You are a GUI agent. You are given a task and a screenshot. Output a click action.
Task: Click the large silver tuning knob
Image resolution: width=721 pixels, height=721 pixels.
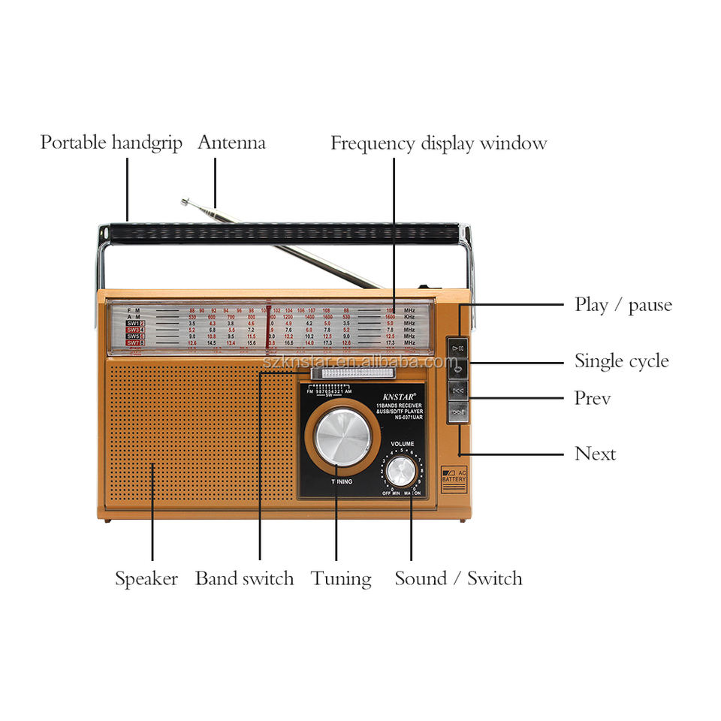[x=342, y=437]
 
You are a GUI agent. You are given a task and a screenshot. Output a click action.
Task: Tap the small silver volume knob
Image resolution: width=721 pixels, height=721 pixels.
[x=401, y=471]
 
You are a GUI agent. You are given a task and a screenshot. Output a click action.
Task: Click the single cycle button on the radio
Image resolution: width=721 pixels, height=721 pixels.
[x=457, y=367]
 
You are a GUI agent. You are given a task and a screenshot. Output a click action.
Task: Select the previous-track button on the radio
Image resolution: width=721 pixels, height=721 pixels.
[x=457, y=390]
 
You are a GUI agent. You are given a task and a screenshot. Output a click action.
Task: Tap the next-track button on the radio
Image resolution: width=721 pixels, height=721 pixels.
[x=457, y=412]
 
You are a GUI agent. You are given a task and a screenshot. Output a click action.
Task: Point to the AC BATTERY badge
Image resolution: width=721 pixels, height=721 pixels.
[x=454, y=478]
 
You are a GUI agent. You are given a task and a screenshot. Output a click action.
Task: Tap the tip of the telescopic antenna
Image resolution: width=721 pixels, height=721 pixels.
[x=185, y=201]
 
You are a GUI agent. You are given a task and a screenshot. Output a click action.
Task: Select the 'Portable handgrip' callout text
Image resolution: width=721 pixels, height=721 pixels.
[x=111, y=143]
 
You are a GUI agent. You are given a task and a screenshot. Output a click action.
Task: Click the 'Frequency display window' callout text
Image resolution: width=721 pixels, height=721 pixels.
[x=439, y=143]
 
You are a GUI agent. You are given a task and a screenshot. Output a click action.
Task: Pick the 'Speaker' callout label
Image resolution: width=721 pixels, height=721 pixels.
[x=146, y=579]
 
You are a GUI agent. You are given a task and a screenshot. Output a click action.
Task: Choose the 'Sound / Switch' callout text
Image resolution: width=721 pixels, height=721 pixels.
[x=458, y=579]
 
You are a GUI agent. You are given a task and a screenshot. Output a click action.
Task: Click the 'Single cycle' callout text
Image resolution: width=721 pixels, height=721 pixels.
[x=621, y=361]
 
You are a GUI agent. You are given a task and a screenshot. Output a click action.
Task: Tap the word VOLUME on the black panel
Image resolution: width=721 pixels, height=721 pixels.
[x=403, y=444]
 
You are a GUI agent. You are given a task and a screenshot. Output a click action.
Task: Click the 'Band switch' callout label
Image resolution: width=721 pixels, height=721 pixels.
[x=244, y=579]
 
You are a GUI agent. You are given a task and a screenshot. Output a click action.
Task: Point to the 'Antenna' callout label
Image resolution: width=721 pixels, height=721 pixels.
[x=231, y=143]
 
